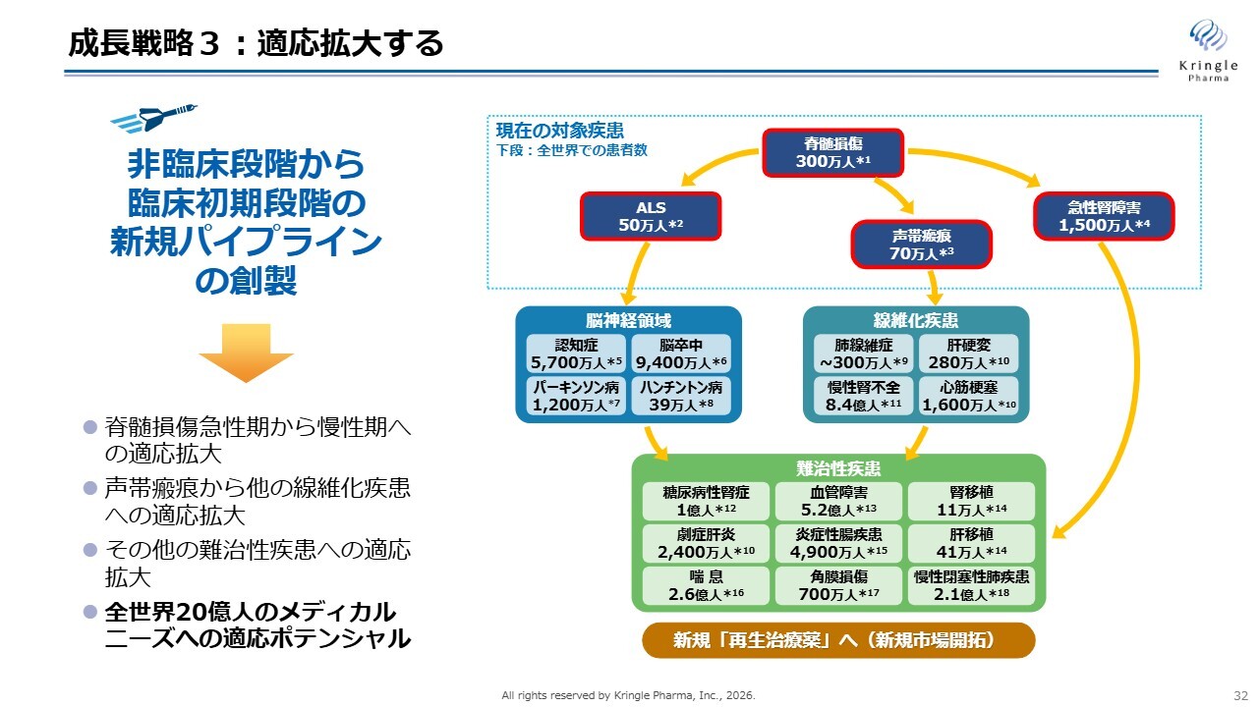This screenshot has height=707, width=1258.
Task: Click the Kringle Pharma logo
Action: tap(1208, 50)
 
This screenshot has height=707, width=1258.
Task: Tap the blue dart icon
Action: tap(153, 118)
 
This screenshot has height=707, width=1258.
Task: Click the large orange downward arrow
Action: tap(246, 353)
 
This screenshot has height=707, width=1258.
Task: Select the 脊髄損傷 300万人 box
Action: tap(832, 152)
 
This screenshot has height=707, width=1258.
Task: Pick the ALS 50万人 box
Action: tap(651, 216)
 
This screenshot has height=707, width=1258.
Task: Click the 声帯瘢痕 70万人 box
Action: tap(922, 245)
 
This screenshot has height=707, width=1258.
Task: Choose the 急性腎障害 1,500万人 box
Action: tap(1104, 216)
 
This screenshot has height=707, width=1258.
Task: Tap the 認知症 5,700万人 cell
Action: tap(576, 353)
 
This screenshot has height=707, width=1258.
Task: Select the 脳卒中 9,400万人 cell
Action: tap(681, 353)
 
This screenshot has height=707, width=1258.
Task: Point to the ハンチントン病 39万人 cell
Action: tap(681, 396)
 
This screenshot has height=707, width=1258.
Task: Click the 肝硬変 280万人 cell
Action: tap(968, 353)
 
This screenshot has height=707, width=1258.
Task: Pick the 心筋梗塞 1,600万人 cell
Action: tap(968, 396)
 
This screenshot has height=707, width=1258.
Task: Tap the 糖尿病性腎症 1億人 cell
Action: tap(706, 501)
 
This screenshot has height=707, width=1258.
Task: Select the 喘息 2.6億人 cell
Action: tap(706, 585)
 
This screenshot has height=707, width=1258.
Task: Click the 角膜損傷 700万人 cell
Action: tap(838, 585)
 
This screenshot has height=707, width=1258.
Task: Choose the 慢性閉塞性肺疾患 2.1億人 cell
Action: tap(971, 585)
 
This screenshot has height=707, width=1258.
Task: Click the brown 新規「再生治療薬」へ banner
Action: tap(838, 640)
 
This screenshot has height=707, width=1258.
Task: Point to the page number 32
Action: tap(1240, 696)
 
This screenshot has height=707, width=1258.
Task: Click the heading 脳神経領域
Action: tap(628, 320)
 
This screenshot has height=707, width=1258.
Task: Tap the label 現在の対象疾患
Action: tap(560, 131)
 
